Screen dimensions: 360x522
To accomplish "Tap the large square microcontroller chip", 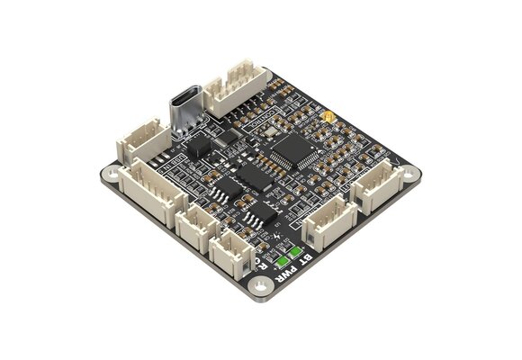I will tap(293, 150).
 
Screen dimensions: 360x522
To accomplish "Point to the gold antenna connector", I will tap(329, 118).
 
